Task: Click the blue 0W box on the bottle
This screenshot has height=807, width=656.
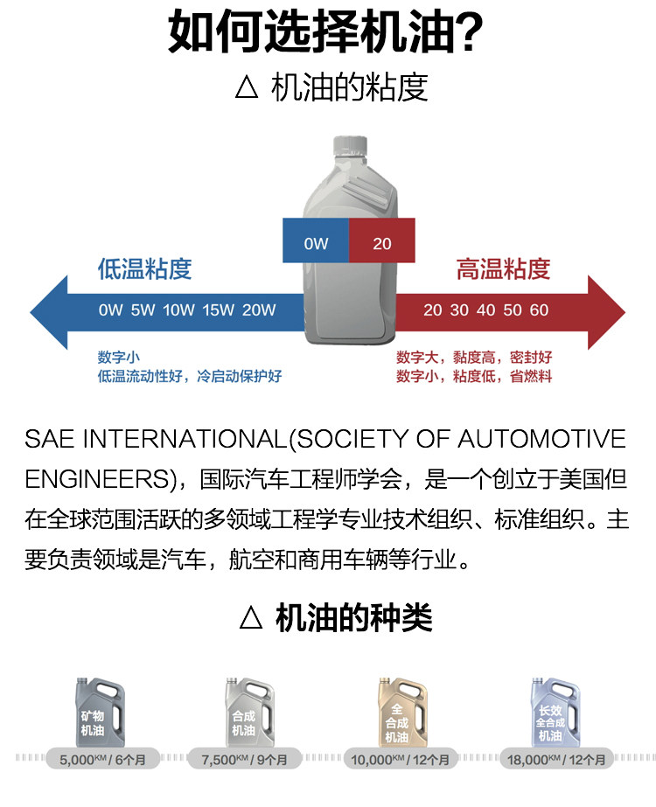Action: click(316, 240)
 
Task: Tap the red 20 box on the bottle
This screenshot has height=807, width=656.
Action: click(382, 240)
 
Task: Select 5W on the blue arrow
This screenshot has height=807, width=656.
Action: click(143, 310)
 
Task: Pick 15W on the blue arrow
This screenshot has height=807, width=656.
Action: click(219, 310)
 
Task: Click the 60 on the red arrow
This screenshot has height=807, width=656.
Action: click(540, 310)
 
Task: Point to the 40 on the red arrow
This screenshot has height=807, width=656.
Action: click(486, 310)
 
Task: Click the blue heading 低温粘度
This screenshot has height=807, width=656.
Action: click(144, 268)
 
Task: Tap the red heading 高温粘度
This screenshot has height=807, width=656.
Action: click(503, 268)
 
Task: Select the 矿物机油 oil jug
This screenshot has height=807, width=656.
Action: click(95, 713)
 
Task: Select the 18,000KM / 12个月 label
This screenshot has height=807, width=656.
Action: click(555, 760)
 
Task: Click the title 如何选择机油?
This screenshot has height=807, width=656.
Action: click(325, 32)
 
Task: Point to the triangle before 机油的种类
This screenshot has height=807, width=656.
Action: click(251, 618)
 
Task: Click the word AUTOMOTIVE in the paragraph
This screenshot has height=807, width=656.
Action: click(541, 439)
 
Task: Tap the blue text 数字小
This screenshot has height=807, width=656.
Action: click(118, 358)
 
